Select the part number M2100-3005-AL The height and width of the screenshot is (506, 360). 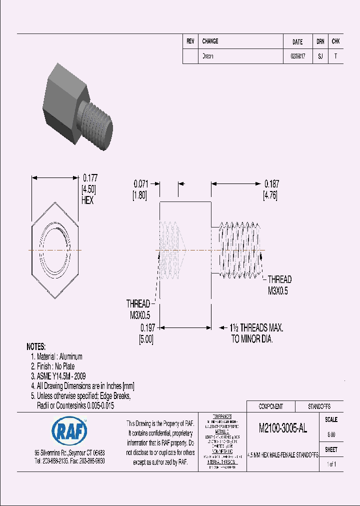[x=283, y=428]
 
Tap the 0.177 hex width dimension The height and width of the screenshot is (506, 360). [x=90, y=177]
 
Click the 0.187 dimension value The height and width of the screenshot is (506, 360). [x=271, y=183]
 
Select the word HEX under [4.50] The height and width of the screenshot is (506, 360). [x=87, y=200]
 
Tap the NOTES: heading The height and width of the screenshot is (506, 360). [x=36, y=346]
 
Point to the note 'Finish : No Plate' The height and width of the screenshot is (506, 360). [x=55, y=366]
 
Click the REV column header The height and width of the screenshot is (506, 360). [x=190, y=41]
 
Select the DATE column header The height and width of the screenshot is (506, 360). [x=297, y=42]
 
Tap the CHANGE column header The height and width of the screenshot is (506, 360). [x=210, y=41]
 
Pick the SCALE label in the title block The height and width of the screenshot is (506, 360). [x=331, y=420]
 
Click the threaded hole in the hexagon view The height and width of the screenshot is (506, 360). [x=55, y=249]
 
